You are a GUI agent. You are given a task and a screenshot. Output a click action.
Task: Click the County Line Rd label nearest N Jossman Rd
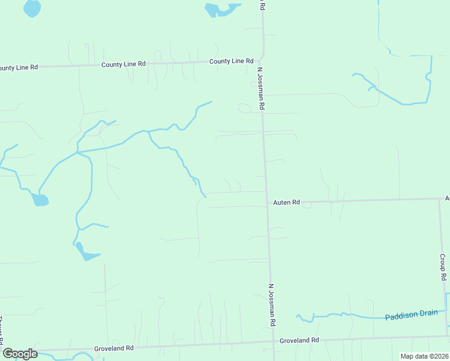[231, 61]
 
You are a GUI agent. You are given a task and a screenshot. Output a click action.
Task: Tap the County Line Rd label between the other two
[123, 64]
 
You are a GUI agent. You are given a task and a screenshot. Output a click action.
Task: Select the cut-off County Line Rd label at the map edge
[19, 67]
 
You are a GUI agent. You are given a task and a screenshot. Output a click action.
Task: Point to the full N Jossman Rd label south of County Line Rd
[262, 88]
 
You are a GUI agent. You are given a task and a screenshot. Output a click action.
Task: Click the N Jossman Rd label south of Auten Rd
[272, 305]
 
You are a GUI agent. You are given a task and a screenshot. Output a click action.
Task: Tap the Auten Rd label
[286, 203]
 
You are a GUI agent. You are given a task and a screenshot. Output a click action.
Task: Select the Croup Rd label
[443, 267]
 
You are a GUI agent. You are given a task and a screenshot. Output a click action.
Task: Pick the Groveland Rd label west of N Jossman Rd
[113, 348]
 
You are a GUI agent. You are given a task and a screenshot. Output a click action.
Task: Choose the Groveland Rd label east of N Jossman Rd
[299, 341]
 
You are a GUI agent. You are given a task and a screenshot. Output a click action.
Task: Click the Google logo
[20, 354]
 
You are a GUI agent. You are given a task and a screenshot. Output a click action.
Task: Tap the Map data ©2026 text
[424, 356]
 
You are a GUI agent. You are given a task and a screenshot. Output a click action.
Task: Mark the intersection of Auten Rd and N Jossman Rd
[267, 203]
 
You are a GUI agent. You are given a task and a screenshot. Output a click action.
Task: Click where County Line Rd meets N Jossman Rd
[262, 60]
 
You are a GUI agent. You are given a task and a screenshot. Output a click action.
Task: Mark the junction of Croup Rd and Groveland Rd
[448, 336]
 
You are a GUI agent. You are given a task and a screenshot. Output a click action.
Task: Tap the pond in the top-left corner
[32, 8]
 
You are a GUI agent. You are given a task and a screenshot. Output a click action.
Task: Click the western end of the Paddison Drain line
[297, 315]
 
